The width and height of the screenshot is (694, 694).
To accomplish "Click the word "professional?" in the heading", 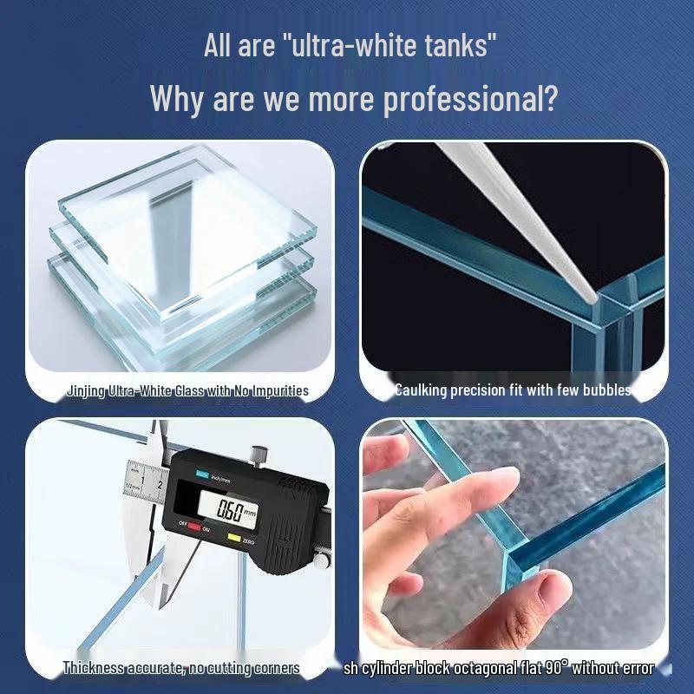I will [469, 98].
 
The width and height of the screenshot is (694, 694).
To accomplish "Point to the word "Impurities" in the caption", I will [280, 390].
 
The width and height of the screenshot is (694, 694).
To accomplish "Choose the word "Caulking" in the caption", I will [421, 390].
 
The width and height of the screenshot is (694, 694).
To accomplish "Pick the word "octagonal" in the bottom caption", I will [481, 668].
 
